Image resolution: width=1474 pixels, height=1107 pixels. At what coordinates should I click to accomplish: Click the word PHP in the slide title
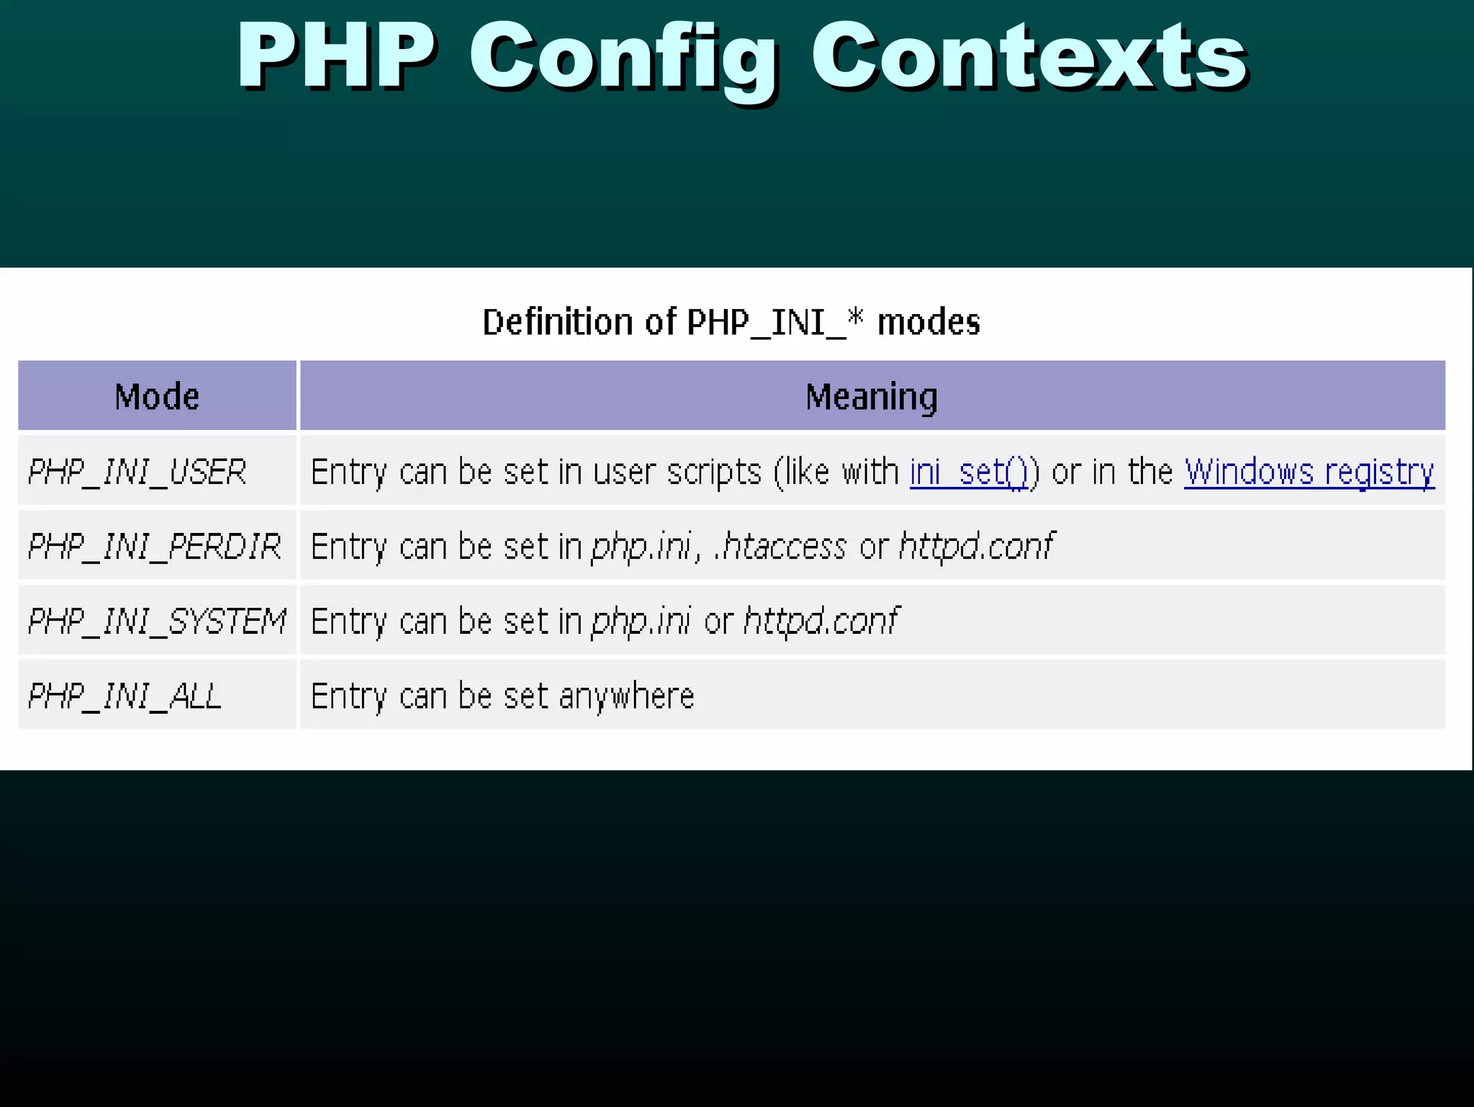point(337,56)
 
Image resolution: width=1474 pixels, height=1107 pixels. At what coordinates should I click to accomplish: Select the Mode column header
point(157,397)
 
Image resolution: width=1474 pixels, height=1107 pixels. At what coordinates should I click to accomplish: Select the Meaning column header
point(871,397)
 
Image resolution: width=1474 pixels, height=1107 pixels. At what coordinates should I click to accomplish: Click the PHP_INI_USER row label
point(137,472)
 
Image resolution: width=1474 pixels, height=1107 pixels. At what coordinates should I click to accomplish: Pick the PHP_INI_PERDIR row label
point(154,547)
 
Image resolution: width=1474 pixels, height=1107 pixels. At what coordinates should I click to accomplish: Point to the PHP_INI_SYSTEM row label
point(157,622)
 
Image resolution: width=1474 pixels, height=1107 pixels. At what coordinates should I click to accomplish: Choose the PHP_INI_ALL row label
point(125,696)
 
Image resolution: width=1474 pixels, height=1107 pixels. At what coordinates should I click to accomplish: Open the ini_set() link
point(969,472)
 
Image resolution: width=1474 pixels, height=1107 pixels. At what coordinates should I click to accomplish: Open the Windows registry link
point(1309,472)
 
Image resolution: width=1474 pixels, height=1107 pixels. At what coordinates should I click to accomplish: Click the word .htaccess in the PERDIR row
point(780,547)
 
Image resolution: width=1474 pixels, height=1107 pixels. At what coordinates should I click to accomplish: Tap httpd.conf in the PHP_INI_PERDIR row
point(976,547)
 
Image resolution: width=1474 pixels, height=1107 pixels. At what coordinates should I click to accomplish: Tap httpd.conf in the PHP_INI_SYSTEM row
point(820,622)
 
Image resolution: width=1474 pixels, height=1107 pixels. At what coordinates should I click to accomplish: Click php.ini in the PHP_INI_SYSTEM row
point(641,622)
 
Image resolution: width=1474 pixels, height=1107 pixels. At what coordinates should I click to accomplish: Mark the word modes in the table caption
point(928,322)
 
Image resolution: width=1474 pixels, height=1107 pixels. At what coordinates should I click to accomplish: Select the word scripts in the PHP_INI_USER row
point(713,472)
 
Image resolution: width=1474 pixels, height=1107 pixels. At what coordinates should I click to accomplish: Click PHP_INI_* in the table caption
point(774,322)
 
